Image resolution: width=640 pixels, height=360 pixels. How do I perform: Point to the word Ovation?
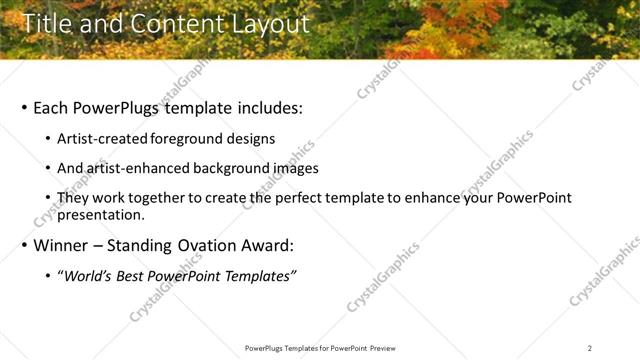pyautogui.click(x=211, y=245)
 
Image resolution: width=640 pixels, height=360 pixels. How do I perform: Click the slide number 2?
pyautogui.click(x=590, y=348)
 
